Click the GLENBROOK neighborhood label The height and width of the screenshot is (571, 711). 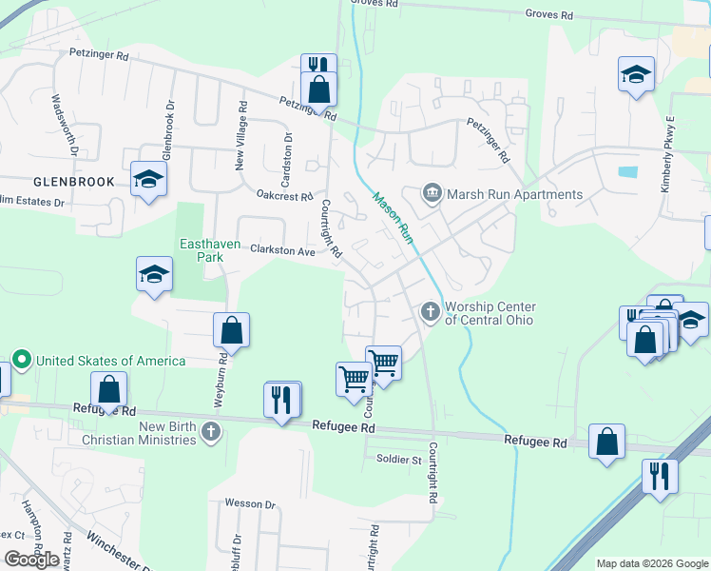pyautogui.click(x=73, y=181)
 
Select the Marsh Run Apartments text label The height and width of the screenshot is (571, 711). pyautogui.click(x=514, y=194)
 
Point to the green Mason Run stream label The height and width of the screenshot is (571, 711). pyautogui.click(x=393, y=218)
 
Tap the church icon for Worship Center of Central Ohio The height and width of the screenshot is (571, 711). pyautogui.click(x=430, y=311)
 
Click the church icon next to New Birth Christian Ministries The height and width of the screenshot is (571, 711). pyautogui.click(x=211, y=433)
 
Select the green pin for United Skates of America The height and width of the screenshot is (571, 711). pyautogui.click(x=23, y=361)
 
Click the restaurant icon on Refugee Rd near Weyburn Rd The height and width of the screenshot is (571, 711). pyautogui.click(x=281, y=399)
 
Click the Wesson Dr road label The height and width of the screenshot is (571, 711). pyautogui.click(x=250, y=503)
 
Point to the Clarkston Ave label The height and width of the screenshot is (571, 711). pyautogui.click(x=282, y=251)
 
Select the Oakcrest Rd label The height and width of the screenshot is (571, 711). pyautogui.click(x=284, y=195)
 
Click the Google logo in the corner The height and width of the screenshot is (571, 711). pyautogui.click(x=31, y=560)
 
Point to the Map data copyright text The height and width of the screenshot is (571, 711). pyautogui.click(x=651, y=563)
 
